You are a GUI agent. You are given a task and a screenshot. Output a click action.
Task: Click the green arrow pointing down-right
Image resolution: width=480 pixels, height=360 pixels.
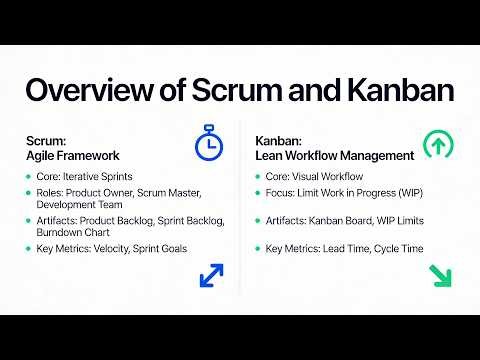439,275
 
